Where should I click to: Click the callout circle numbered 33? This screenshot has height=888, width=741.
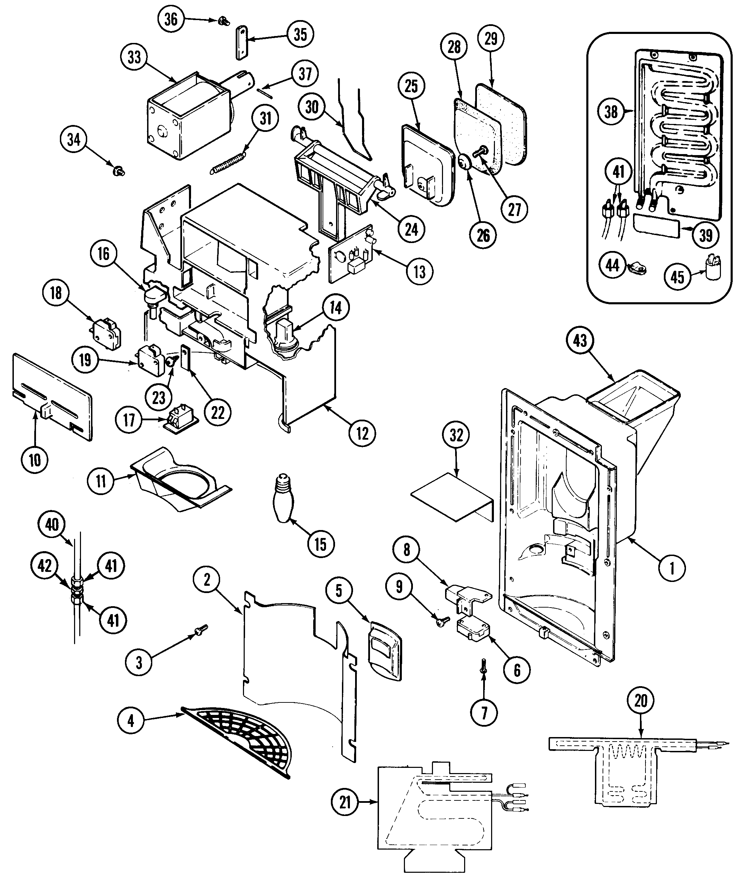[x=134, y=57]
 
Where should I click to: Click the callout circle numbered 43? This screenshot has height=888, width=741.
[x=580, y=340]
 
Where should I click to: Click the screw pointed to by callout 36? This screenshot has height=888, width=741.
[x=221, y=21]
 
